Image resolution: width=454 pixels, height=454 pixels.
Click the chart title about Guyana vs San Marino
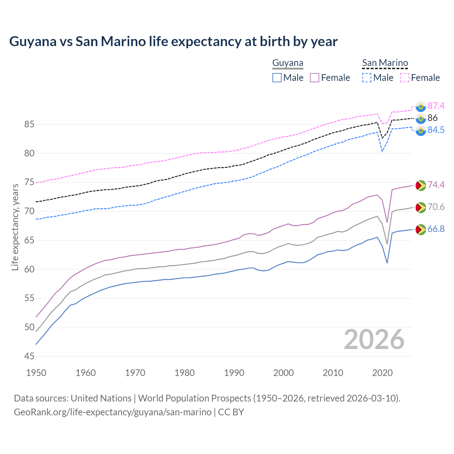click(173, 41)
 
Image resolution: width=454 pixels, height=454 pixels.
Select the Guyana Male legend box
click(277, 78)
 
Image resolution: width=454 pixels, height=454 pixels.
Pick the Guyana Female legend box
click(315, 78)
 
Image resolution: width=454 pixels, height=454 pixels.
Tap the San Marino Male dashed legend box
click(367, 78)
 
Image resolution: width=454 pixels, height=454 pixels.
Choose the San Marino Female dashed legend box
click(405, 78)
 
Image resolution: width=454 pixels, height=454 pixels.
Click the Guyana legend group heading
click(288, 63)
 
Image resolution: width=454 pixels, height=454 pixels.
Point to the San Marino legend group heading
click(385, 63)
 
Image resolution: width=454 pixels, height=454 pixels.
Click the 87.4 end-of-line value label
click(436, 106)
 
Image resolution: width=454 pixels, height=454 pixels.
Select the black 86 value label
click(432, 118)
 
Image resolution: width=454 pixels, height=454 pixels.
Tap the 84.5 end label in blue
click(436, 130)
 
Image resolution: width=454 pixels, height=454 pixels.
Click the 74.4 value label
click(436, 185)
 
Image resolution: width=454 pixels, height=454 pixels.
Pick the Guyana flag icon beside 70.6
click(421, 207)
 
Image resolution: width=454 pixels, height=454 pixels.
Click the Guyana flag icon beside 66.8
click(421, 229)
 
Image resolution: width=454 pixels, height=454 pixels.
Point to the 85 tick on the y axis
click(29, 124)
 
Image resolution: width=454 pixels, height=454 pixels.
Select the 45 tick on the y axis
click(29, 356)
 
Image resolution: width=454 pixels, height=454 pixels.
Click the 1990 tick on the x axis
click(234, 373)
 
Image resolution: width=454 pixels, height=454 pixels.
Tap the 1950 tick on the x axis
click(36, 373)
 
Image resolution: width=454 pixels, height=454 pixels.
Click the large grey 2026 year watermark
click(374, 339)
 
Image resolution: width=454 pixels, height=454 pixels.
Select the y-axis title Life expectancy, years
click(15, 227)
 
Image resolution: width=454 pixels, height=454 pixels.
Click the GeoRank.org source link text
click(113, 412)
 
